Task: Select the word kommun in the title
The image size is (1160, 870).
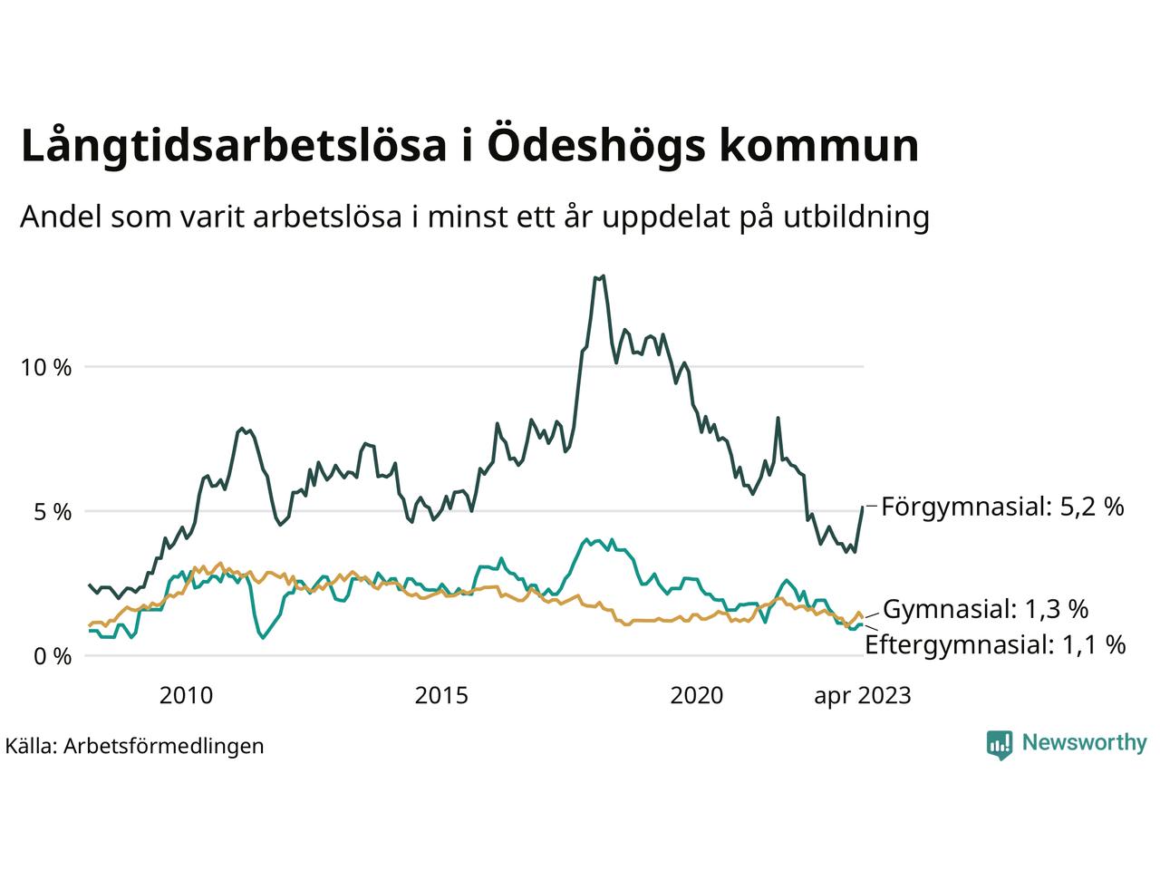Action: click(x=818, y=147)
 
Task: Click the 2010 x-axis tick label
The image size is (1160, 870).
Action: click(x=186, y=696)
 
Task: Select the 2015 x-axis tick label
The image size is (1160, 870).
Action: click(x=441, y=696)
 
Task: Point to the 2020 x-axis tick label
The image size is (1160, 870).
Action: click(x=697, y=696)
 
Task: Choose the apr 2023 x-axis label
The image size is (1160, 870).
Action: click(x=862, y=696)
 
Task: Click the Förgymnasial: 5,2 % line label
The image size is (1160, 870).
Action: click(x=1002, y=507)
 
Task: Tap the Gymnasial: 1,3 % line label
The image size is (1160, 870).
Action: click(x=986, y=609)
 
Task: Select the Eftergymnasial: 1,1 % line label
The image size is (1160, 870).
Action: click(x=995, y=645)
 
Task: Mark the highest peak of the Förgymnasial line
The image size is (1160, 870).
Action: click(x=603, y=276)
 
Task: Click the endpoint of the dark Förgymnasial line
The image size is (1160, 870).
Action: click(x=863, y=507)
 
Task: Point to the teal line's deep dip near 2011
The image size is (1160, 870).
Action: click(x=263, y=638)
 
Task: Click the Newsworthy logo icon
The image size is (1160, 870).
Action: click(x=999, y=744)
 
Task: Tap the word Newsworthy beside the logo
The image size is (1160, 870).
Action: click(x=1084, y=743)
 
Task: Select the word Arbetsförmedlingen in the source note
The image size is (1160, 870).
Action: click(x=164, y=746)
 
